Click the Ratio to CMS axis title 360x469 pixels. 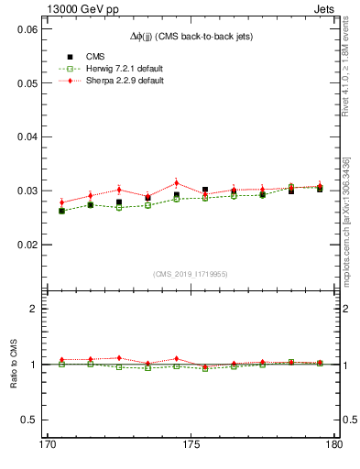coord(14,364)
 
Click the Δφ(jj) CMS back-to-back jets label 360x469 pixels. coord(191,36)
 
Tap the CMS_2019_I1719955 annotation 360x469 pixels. coord(191,273)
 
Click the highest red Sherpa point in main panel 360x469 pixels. coord(177,182)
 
